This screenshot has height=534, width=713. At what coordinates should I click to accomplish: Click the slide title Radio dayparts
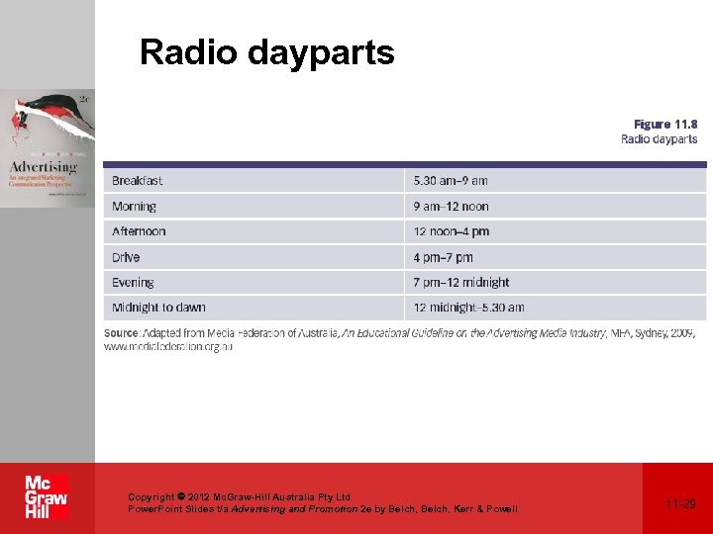pyautogui.click(x=266, y=52)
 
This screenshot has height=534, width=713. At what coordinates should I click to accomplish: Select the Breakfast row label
pyautogui.click(x=138, y=181)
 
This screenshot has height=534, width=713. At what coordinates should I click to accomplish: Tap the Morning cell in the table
pyautogui.click(x=135, y=207)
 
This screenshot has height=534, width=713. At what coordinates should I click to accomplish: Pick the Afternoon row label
pyautogui.click(x=139, y=231)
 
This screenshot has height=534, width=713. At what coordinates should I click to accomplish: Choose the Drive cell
pyautogui.click(x=126, y=257)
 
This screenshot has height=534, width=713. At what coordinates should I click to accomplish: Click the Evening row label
pyautogui.click(x=133, y=283)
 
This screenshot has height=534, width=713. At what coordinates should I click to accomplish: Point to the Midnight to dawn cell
pyautogui.click(x=158, y=308)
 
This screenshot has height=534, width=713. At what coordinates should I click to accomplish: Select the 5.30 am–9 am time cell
pyautogui.click(x=451, y=181)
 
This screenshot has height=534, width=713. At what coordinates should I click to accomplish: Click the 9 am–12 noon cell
pyautogui.click(x=451, y=207)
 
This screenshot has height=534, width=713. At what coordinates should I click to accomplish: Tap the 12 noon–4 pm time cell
pyautogui.click(x=451, y=231)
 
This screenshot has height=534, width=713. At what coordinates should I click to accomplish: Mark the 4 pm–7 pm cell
pyautogui.click(x=443, y=257)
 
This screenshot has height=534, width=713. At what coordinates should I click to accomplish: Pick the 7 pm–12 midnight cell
pyautogui.click(x=461, y=283)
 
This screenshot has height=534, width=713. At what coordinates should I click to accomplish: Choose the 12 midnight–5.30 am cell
pyautogui.click(x=468, y=308)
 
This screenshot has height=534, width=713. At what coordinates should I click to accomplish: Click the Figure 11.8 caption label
pyautogui.click(x=664, y=125)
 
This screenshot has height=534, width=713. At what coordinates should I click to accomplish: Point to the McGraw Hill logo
pyautogui.click(x=46, y=497)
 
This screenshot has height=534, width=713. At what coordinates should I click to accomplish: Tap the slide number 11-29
pyautogui.click(x=680, y=504)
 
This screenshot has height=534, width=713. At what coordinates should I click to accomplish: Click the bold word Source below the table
pyautogui.click(x=122, y=333)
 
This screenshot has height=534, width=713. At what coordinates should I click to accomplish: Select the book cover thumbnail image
pyautogui.click(x=48, y=148)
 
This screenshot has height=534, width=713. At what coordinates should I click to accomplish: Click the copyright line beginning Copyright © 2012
pyautogui.click(x=239, y=496)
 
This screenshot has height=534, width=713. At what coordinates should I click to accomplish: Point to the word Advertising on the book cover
pyautogui.click(x=43, y=167)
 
